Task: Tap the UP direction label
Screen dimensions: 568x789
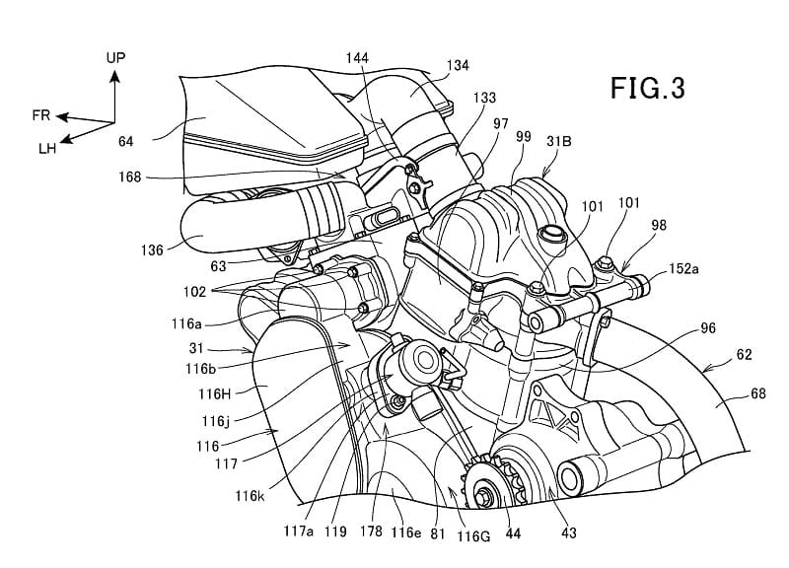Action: tap(116, 59)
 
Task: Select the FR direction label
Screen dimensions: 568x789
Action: tap(40, 115)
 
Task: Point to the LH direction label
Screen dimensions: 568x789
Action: tap(47, 148)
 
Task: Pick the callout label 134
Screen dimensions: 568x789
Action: tap(457, 64)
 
